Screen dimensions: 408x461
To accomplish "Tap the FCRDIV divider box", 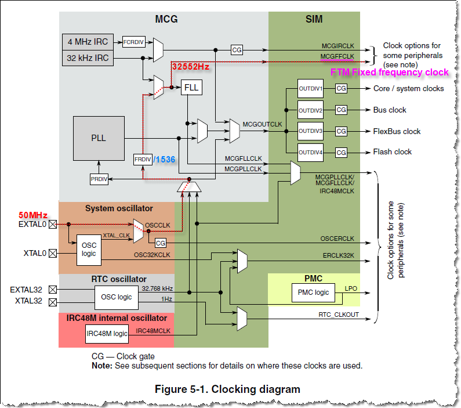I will (134, 42).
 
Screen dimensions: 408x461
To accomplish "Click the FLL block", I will (191, 88).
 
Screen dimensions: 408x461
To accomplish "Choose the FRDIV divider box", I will (142, 159).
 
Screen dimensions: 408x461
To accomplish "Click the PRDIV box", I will (99, 179).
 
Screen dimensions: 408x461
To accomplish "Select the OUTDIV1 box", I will (310, 88).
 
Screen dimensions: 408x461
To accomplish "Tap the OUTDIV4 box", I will (310, 152).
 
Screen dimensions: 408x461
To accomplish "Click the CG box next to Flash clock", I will (341, 152).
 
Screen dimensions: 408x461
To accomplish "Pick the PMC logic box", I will (314, 292).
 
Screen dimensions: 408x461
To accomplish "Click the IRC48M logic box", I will (107, 333).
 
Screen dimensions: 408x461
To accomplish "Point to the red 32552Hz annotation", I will (191, 67).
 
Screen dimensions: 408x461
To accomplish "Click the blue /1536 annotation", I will (166, 159).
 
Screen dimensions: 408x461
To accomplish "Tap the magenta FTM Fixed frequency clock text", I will (389, 73).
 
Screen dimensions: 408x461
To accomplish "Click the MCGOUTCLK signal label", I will (262, 124).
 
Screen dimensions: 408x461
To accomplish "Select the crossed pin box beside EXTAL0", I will (53, 223).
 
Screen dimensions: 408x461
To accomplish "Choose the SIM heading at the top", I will (314, 20).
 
